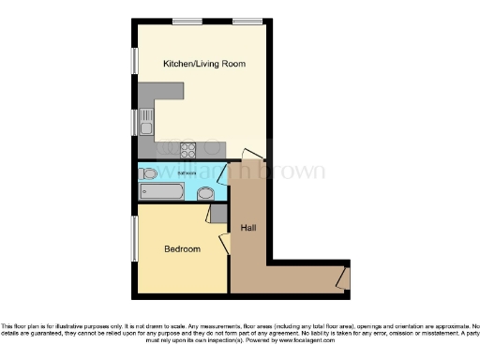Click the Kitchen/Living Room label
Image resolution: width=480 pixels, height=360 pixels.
203,64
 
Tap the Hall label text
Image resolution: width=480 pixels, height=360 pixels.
248,228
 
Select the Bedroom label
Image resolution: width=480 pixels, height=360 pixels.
182,248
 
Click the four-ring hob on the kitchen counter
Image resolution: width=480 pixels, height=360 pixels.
187,148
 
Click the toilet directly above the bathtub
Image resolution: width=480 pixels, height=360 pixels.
151,173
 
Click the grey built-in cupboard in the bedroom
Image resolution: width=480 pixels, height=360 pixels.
218,213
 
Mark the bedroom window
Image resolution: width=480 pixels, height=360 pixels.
134,239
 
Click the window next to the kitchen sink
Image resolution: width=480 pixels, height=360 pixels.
134,121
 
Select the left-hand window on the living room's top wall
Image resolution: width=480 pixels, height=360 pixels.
187,21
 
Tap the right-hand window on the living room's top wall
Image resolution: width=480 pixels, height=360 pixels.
247,21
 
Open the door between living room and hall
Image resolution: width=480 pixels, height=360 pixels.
250,155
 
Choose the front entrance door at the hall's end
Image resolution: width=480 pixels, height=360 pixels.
343,277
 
